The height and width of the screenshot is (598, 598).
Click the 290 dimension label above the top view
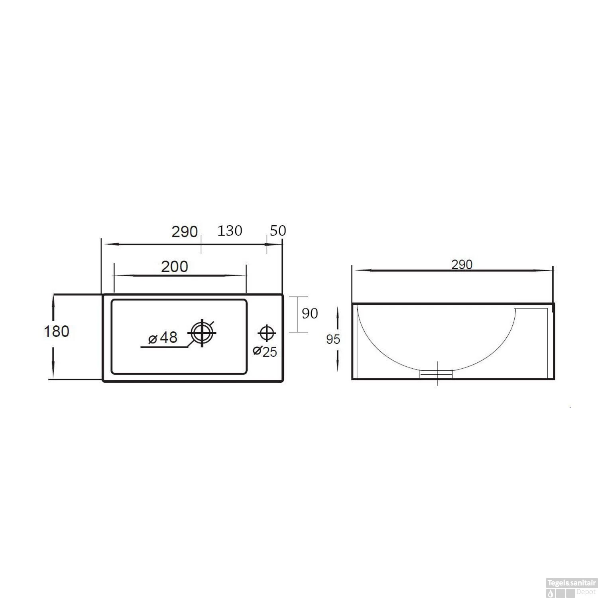pyautogui.click(x=185, y=232)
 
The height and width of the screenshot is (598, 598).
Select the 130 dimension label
pyautogui.click(x=230, y=231)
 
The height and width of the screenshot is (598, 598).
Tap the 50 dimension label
pyautogui.click(x=278, y=231)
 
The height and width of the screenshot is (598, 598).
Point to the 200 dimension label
pyautogui.click(x=175, y=267)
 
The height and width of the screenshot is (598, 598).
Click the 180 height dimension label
pyautogui.click(x=56, y=331)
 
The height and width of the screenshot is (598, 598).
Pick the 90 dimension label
pyautogui.click(x=310, y=314)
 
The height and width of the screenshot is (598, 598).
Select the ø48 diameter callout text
pyautogui.click(x=163, y=338)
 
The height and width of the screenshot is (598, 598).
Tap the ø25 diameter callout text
pyautogui.click(x=265, y=351)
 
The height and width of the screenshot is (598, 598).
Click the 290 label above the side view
pyautogui.click(x=462, y=264)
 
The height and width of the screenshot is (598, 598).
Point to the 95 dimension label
pyautogui.click(x=333, y=339)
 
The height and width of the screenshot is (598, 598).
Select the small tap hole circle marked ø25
pyautogui.click(x=266, y=332)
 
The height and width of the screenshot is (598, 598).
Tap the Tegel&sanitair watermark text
pyautogui.click(x=571, y=582)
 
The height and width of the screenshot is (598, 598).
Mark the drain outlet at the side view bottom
pyautogui.click(x=437, y=374)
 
